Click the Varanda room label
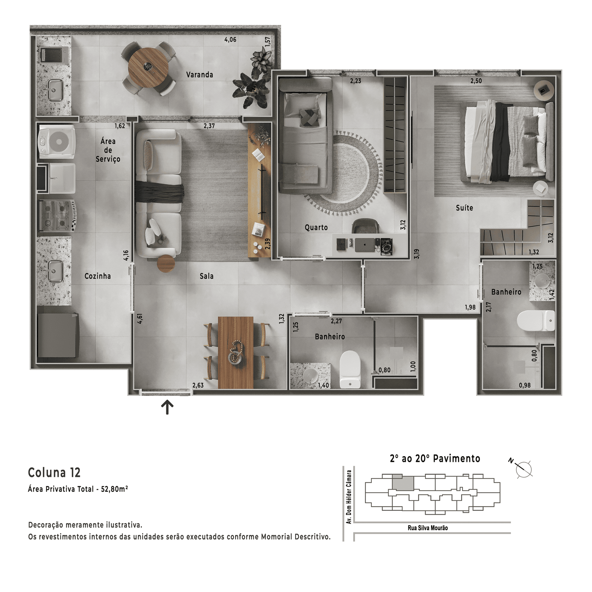tap(199, 75)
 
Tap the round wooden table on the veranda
tap(148, 68)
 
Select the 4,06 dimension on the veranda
tap(230, 40)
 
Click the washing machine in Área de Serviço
tap(57, 141)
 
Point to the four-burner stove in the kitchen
tap(57, 215)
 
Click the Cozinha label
tap(98, 276)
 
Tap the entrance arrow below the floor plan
tap(167, 407)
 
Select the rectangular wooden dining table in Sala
tap(236, 353)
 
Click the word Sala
tap(206, 276)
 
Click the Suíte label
tap(464, 208)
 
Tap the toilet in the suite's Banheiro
tap(536, 320)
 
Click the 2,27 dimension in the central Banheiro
tap(336, 321)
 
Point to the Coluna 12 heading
tap(54, 472)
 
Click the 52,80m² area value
tap(114, 489)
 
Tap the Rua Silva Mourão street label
tap(428, 528)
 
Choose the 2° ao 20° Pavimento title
tap(435, 459)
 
